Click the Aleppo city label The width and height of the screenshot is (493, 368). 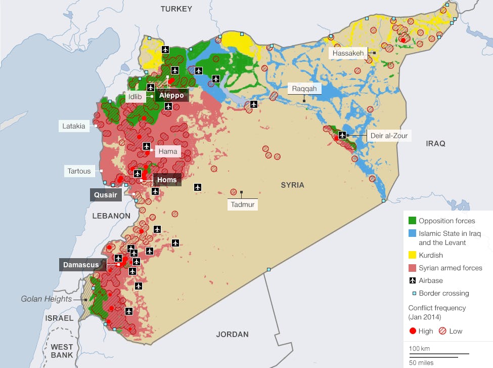click(171, 95)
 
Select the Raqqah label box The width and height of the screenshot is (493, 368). click(304, 89)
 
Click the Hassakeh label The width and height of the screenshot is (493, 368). click(348, 53)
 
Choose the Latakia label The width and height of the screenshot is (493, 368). click(74, 126)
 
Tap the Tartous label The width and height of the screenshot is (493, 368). click(79, 171)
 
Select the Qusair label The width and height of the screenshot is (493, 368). click(106, 195)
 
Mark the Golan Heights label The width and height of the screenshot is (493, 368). click(46, 299)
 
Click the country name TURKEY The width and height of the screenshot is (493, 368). click(176, 9)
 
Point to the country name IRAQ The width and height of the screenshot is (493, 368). click(435, 144)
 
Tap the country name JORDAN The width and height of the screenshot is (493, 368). click(233, 334)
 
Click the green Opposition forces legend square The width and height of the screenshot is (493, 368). click(413, 221)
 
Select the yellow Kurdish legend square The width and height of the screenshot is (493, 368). click(413, 255)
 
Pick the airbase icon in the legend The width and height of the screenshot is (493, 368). click(413, 280)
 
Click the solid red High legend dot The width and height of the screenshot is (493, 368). click(413, 331)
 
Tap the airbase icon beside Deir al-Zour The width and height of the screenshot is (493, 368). click(342, 135)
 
